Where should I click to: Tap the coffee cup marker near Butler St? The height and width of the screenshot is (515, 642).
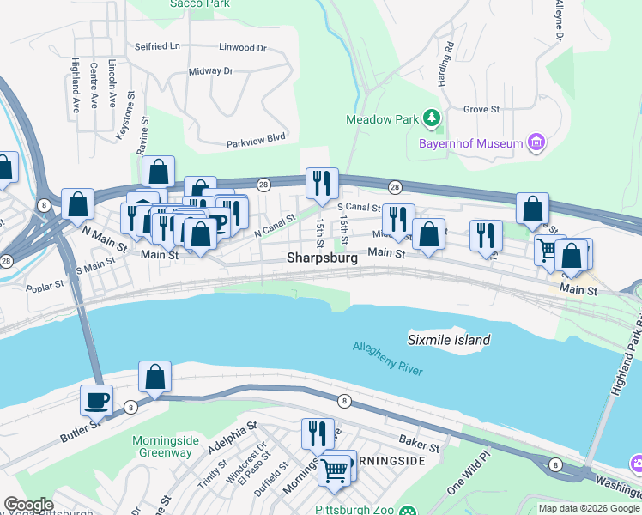click(x=95, y=399)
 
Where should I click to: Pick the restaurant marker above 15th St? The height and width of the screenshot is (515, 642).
click(x=323, y=183)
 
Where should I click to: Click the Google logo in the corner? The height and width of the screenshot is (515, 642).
click(x=29, y=505)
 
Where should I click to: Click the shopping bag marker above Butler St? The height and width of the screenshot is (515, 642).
click(x=154, y=376)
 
